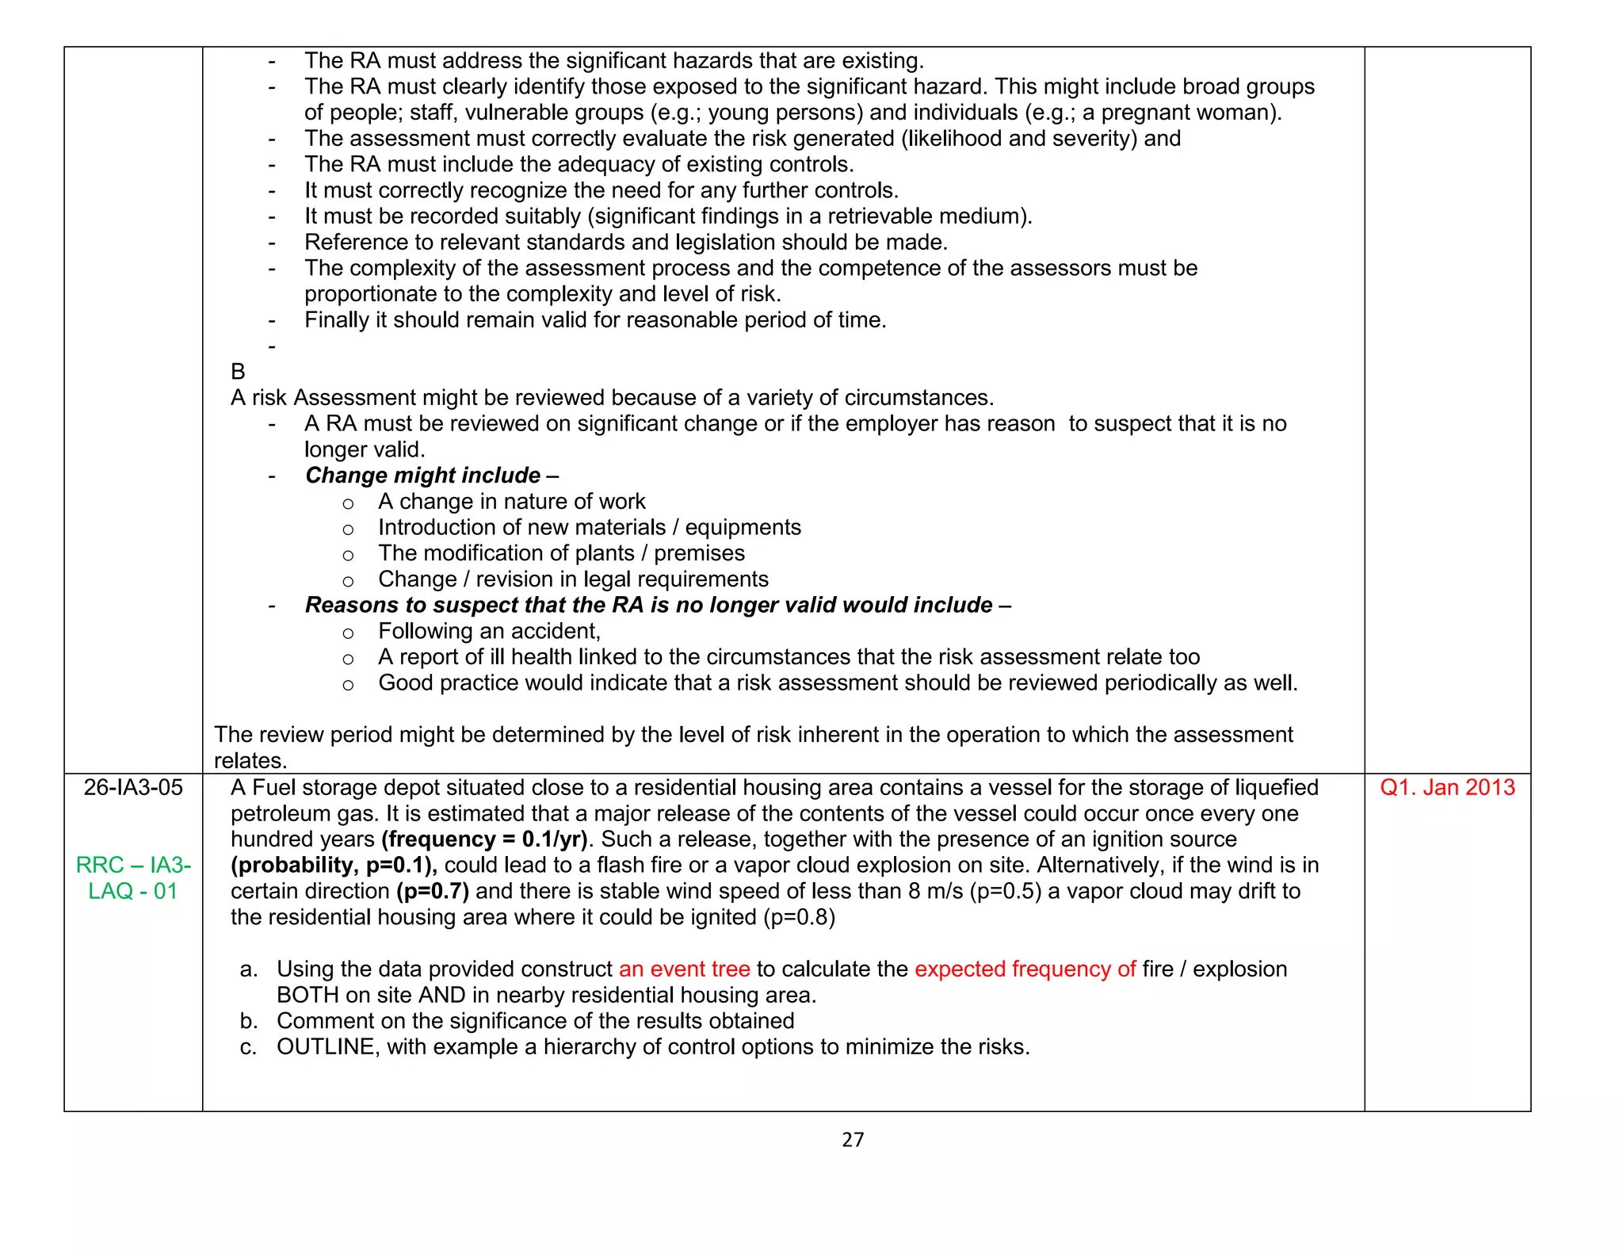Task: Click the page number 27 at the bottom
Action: pos(853,1140)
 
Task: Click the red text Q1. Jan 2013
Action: pos(1447,788)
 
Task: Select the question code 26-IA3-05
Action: pos(133,788)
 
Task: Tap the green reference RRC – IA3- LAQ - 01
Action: pos(133,878)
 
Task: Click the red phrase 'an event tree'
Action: pos(684,969)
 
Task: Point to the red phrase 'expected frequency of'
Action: pos(1025,969)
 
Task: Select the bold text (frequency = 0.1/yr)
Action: pos(484,839)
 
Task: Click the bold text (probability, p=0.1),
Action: pos(334,866)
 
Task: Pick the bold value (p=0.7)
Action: pos(433,892)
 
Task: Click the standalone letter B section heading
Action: pos(238,372)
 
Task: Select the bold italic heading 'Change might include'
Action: pos(423,476)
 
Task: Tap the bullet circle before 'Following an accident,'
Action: pos(348,633)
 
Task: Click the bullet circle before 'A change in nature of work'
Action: pos(348,503)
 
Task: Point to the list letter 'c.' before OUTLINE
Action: pos(248,1048)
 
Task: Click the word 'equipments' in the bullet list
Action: pos(743,528)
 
